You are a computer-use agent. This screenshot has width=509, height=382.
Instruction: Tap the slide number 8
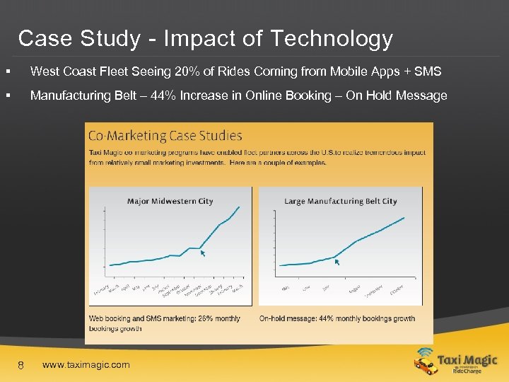click(x=21, y=365)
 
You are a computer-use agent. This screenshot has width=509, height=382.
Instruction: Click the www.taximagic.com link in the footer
click(x=86, y=365)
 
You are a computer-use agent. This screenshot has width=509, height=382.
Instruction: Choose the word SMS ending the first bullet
click(x=427, y=71)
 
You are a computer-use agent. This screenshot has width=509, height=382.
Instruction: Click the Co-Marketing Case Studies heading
click(x=165, y=135)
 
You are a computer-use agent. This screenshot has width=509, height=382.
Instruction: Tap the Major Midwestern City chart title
click(x=170, y=201)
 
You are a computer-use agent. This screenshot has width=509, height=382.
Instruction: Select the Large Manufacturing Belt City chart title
click(x=341, y=201)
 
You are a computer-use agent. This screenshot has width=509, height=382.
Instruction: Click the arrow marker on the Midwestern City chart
click(x=202, y=252)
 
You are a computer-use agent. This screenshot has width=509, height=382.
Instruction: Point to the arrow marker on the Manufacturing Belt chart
click(x=337, y=261)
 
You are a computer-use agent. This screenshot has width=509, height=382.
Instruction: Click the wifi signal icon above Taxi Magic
click(x=425, y=352)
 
